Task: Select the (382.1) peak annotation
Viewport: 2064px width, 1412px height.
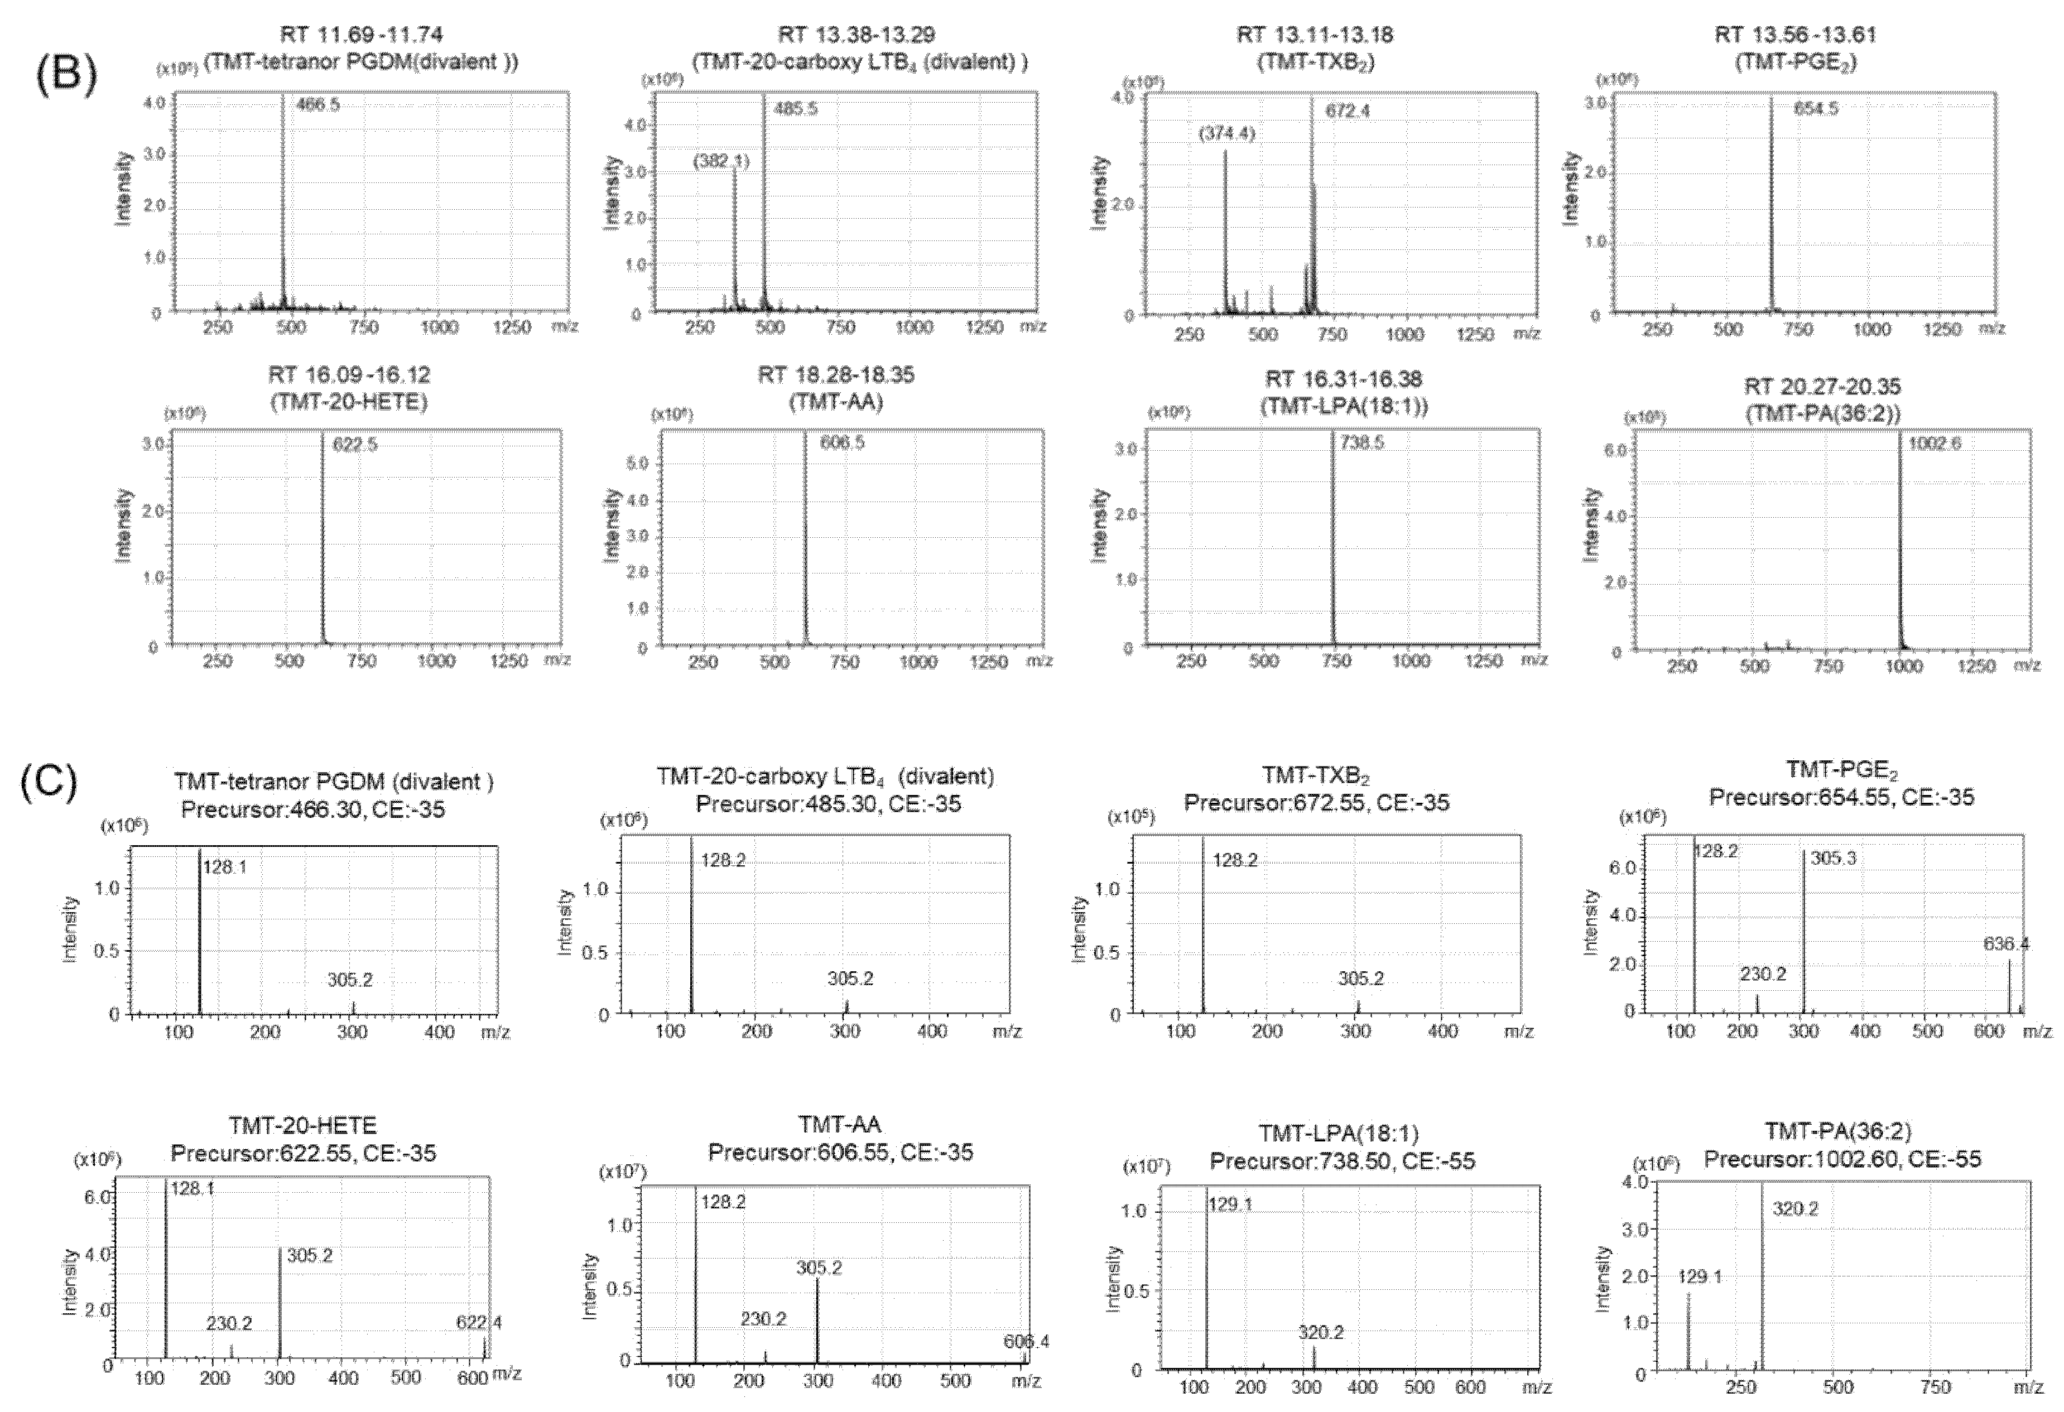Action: (x=721, y=161)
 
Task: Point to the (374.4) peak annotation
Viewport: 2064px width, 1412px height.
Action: (x=1226, y=134)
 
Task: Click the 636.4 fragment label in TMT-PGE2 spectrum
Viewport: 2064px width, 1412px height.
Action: (x=2007, y=944)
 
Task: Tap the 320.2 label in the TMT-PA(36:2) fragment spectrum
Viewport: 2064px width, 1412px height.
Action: (x=1796, y=1208)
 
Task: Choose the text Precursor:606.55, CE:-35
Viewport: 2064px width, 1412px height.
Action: (x=840, y=1153)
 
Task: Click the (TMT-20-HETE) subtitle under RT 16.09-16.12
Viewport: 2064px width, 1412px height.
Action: (x=349, y=402)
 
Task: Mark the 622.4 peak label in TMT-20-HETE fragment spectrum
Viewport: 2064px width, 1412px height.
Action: (x=479, y=1322)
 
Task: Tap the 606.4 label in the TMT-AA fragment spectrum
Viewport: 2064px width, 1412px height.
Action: (x=1026, y=1342)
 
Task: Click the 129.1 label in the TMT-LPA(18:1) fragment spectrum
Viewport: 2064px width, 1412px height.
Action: (x=1230, y=1204)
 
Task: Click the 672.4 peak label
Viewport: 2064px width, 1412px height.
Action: (x=1348, y=111)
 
